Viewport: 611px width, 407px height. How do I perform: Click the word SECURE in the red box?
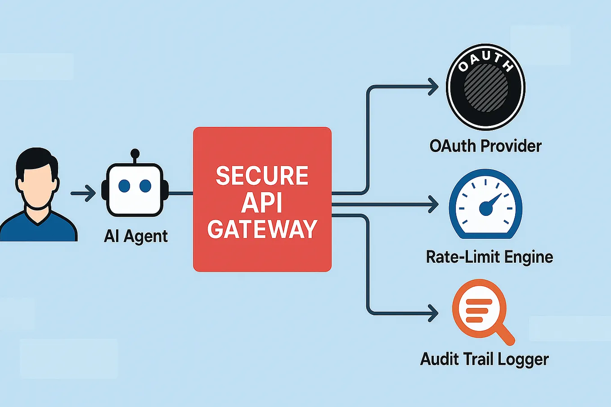[262, 175]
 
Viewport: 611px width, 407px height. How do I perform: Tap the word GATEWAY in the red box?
[262, 229]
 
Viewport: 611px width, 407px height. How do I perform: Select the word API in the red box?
[262, 202]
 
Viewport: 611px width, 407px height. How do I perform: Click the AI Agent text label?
[136, 236]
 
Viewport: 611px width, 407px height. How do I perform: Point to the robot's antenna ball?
[135, 154]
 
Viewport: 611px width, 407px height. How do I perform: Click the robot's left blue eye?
[124, 186]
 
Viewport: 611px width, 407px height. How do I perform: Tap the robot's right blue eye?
[145, 186]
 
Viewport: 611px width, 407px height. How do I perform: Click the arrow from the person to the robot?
[84, 193]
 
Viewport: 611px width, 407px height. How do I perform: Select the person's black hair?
[36, 160]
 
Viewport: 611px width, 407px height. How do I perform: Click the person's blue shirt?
[38, 229]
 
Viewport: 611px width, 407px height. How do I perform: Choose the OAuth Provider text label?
[485, 146]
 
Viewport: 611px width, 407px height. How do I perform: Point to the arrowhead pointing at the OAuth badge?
[433, 87]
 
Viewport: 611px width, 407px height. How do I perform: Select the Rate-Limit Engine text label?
[489, 257]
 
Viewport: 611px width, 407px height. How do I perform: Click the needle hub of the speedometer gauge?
[486, 208]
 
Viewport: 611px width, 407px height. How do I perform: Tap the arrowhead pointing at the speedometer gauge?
[433, 204]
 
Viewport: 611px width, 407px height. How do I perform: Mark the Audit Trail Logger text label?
[484, 359]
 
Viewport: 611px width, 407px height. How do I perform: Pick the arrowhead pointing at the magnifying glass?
[433, 313]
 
